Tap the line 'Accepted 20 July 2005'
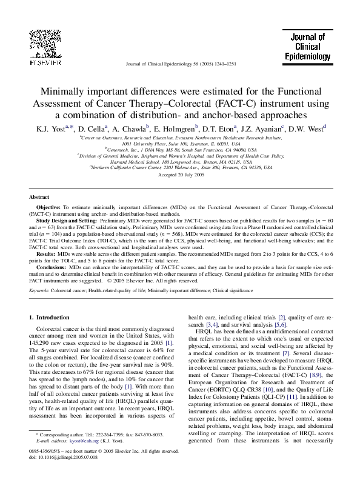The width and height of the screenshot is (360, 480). [180, 175]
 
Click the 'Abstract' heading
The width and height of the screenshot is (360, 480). [39, 198]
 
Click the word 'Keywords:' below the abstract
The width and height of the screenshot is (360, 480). [39, 291]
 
